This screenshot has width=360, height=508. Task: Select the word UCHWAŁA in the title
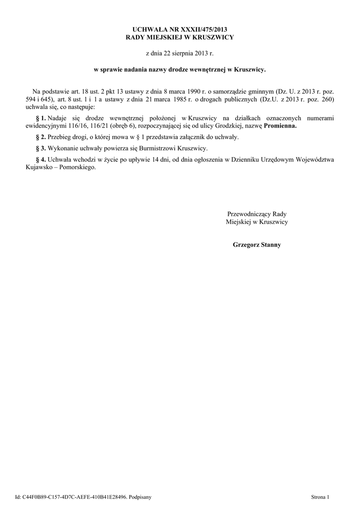[148, 30]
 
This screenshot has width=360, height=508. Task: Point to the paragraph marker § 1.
[41, 118]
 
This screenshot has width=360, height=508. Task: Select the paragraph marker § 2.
[41, 137]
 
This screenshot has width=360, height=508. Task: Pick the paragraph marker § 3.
[41, 148]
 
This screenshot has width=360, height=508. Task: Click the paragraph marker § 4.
[41, 159]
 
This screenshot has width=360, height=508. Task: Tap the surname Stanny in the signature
[270, 245]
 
